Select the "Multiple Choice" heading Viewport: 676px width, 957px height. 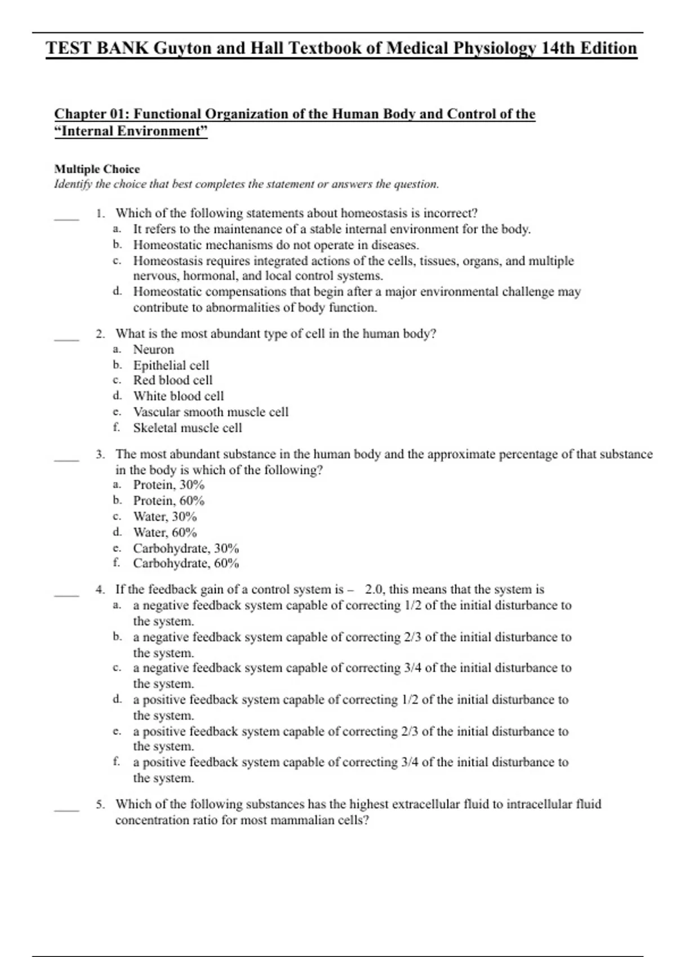(97, 169)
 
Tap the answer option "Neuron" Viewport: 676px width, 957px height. (153, 350)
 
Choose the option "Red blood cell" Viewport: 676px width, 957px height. (172, 381)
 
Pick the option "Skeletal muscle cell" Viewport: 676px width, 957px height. (187, 428)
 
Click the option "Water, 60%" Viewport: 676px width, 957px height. (164, 533)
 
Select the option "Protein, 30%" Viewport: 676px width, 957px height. (168, 485)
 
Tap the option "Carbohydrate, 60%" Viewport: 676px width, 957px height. (185, 564)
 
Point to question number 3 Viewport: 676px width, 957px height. (100, 454)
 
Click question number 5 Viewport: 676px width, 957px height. (100, 804)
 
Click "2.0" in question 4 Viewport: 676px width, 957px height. (374, 589)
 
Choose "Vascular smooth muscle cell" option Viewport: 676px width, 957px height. (210, 412)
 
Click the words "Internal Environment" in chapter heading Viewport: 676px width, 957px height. (131, 131)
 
